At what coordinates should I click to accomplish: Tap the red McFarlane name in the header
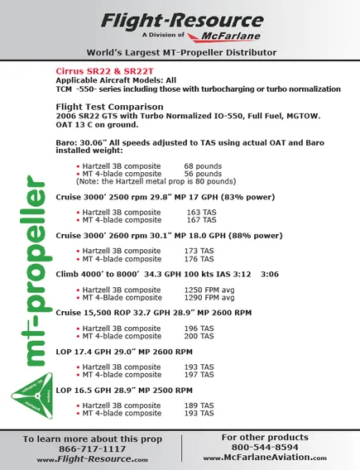pos(218,36)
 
